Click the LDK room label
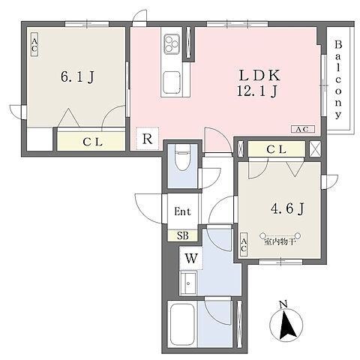point(259,75)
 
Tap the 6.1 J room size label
point(77,76)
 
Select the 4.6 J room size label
point(287,208)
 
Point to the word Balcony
point(338,79)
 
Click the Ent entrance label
point(182,211)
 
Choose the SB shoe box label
point(183,235)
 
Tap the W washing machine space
point(191,258)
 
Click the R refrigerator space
point(147,139)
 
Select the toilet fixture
point(182,157)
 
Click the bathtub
point(182,325)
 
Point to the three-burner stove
point(172,43)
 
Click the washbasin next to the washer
point(188,283)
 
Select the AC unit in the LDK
point(303,129)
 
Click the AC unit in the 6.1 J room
point(34,45)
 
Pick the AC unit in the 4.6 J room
point(244,244)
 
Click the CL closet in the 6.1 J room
point(91,142)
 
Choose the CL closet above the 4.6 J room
point(277,149)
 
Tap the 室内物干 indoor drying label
point(280,242)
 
